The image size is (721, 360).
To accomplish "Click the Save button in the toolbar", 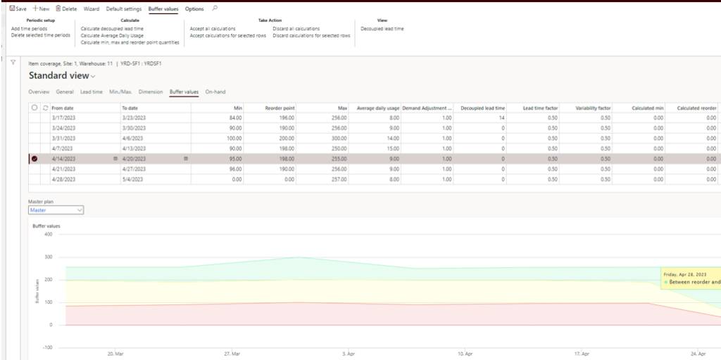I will point(18,8).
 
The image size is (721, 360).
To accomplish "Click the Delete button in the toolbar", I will point(66,8).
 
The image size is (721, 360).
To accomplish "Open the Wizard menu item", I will point(92,8).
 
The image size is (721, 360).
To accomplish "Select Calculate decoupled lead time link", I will point(112,28).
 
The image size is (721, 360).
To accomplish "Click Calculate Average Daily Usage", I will point(112,35).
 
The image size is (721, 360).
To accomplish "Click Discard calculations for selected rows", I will point(311,35).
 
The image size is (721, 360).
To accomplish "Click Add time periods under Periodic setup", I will point(30,28).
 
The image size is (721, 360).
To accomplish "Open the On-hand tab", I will point(215,92).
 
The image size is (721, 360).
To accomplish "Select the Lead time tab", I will point(92,92).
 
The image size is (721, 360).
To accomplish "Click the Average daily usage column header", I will point(379,108).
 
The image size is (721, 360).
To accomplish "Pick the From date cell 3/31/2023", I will point(63,139).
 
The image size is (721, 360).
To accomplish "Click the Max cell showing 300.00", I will point(339,139).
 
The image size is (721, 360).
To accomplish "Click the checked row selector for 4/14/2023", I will point(35,159).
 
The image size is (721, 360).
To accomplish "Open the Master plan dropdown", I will point(56,209).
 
